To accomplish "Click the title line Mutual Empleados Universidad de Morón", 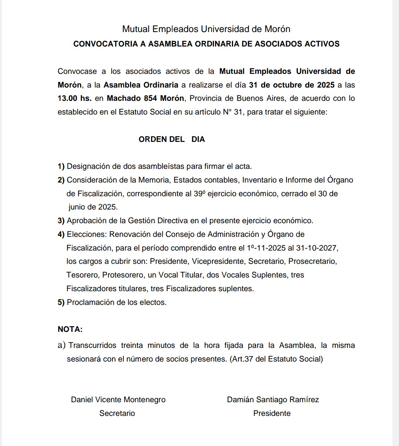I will tap(206, 29).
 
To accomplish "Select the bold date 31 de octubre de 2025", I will tap(292, 84).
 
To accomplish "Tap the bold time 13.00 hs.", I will tap(75, 98).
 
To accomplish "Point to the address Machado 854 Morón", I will tap(145, 98).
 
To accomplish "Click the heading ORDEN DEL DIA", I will tap(171, 139).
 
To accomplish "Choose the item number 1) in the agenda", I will tap(61, 166).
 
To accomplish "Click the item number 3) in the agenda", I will tap(61, 220).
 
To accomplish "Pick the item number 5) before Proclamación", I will tap(61, 302).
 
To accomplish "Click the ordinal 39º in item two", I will tap(199, 193).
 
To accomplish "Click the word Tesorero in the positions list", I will tap(82, 275).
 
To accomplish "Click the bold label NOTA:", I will tap(70, 329).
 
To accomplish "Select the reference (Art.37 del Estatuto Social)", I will tap(276, 359).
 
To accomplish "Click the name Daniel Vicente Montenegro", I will tap(118, 399).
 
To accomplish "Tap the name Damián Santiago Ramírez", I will tap(273, 399).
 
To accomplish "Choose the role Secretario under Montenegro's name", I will tap(117, 413).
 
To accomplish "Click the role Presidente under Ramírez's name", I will tap(272, 413).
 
